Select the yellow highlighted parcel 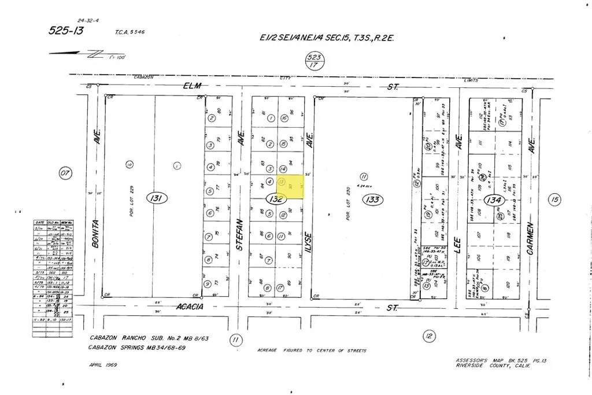[290, 187]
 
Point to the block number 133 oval [371, 199]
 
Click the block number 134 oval [494, 200]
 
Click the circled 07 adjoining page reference [65, 172]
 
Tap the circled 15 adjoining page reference [556, 199]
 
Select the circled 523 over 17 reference [316, 61]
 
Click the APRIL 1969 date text [104, 366]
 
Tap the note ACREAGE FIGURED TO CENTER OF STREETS [312, 350]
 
